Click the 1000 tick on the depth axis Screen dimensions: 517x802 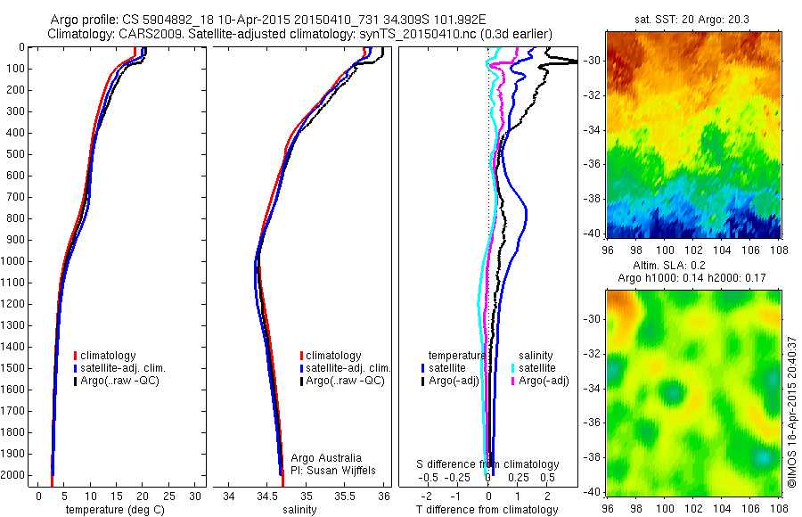(x=16, y=261)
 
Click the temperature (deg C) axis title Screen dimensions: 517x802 (x=113, y=510)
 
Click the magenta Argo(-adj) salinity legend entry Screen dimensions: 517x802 (x=542, y=381)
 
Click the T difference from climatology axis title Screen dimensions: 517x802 (x=488, y=510)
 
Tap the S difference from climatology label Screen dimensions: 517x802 (x=488, y=464)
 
